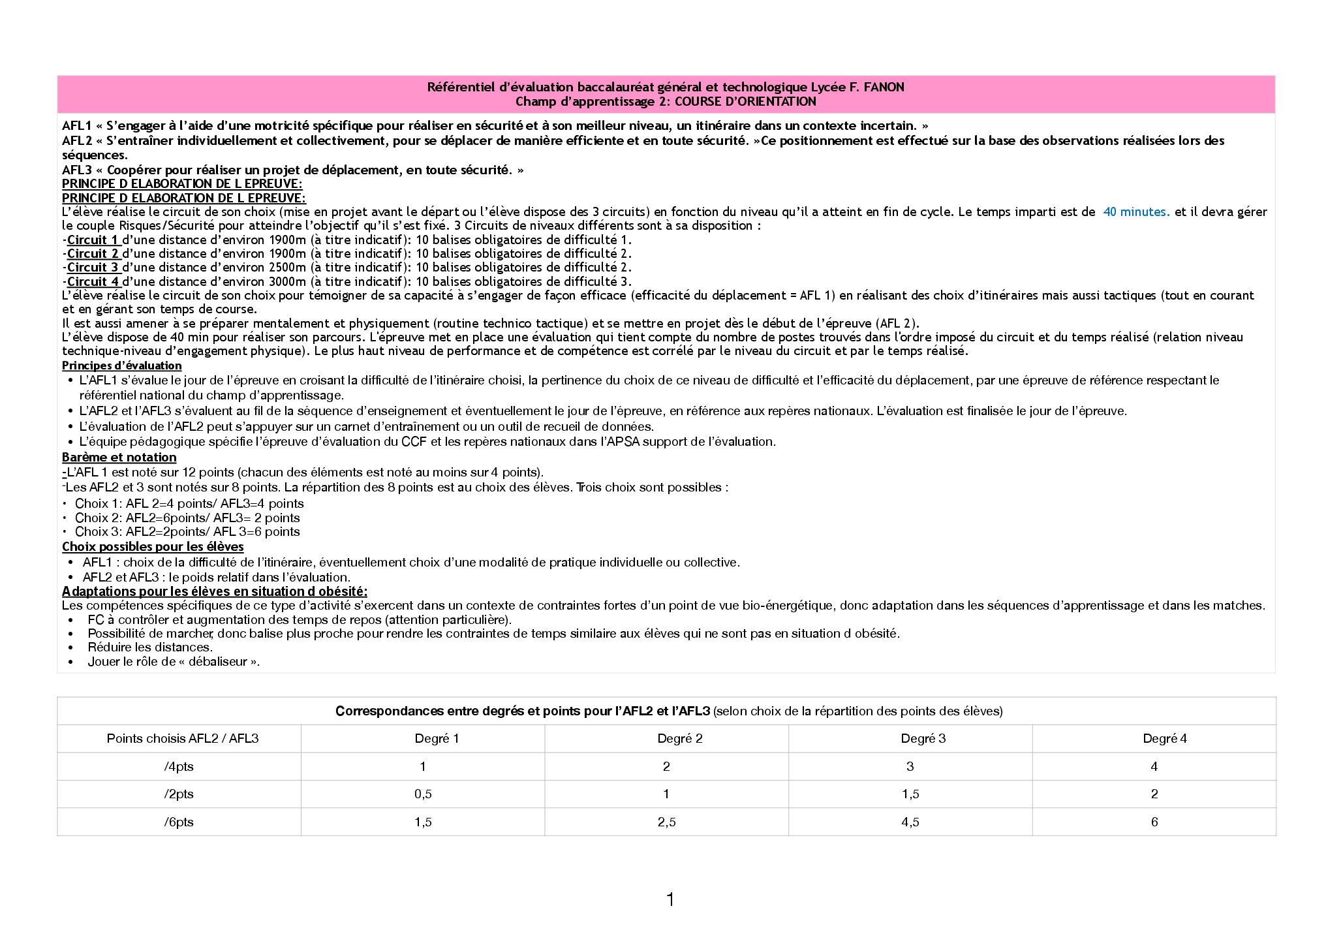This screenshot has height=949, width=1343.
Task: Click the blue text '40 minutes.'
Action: click(1136, 211)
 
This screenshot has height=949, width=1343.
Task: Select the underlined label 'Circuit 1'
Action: click(93, 240)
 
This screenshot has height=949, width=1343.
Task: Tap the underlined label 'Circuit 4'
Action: click(93, 281)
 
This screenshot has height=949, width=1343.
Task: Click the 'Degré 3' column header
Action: click(923, 738)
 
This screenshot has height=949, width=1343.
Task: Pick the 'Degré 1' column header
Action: click(437, 738)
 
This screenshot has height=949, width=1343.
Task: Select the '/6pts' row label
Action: click(179, 822)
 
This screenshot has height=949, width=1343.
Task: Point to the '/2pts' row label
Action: click(179, 794)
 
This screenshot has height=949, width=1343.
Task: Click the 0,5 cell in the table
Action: click(423, 794)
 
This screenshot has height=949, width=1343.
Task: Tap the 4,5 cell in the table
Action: click(910, 822)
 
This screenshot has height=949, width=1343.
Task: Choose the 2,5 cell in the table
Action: click(666, 822)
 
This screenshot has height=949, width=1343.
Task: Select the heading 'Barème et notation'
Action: click(119, 457)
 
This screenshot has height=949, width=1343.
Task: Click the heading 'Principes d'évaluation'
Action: click(121, 366)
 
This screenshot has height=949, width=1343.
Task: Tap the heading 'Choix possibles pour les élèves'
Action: click(153, 546)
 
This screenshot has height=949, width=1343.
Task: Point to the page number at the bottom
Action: click(670, 899)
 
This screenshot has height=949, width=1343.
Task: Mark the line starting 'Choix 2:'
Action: click(187, 518)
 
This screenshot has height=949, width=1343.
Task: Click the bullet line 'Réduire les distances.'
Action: click(150, 647)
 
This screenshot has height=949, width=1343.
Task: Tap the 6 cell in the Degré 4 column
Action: click(1154, 822)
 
